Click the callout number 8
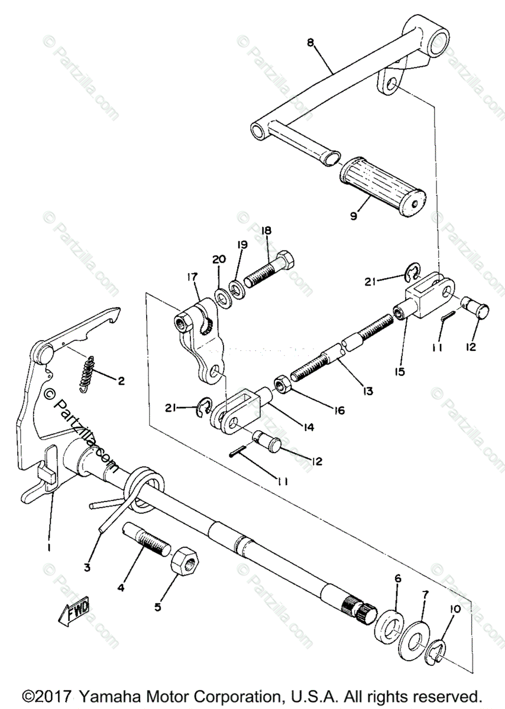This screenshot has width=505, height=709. coord(310,43)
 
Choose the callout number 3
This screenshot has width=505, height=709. coord(87,568)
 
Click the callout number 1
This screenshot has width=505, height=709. coord(48,548)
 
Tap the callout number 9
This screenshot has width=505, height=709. coord(354,216)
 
